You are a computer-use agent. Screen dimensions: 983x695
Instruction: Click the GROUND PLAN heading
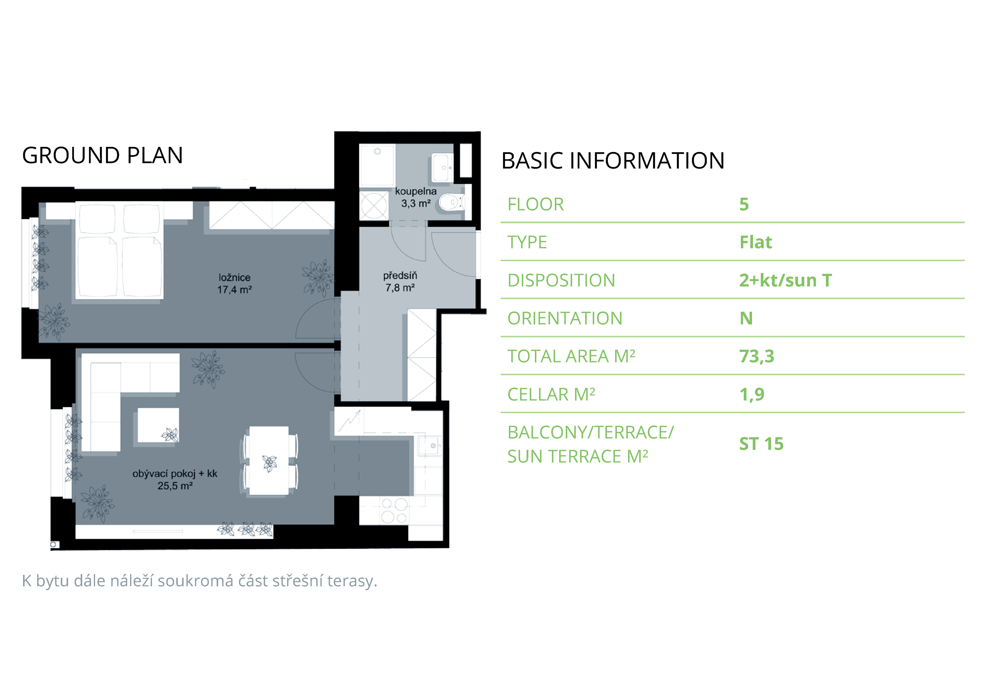[102, 156]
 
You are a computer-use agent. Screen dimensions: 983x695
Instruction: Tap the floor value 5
[744, 205]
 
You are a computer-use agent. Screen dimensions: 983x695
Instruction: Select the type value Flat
[756, 242]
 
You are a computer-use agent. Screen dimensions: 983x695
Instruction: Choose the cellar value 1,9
[752, 394]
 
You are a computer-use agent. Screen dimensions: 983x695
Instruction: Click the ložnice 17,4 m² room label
[235, 284]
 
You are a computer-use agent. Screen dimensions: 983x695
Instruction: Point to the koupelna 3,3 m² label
[416, 197]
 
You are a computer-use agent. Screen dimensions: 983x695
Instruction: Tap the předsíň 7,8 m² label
[400, 281]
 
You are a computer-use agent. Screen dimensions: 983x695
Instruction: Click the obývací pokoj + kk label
[175, 474]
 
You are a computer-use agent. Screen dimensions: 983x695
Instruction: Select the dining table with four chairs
[269, 461]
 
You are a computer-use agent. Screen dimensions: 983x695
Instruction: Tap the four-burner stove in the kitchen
[394, 511]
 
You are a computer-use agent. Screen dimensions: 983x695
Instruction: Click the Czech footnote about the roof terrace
[200, 581]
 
